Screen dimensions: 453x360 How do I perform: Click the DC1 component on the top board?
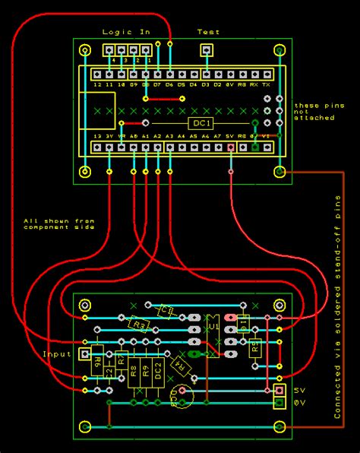(x=201, y=123)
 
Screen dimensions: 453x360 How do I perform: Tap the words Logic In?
(x=126, y=32)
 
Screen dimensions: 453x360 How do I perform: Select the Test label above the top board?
(x=208, y=32)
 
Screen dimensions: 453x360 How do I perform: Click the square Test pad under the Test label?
(x=205, y=51)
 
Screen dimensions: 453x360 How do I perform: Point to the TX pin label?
(x=267, y=86)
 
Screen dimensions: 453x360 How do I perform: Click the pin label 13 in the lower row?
(x=97, y=135)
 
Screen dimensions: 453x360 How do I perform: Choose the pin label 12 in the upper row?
(x=97, y=86)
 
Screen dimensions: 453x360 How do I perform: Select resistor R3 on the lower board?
(x=138, y=325)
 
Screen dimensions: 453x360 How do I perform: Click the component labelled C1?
(x=167, y=310)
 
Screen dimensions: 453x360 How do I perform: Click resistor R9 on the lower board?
(x=146, y=372)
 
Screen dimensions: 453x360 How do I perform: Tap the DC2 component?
(x=158, y=372)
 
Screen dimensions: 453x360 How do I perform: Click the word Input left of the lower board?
(x=55, y=354)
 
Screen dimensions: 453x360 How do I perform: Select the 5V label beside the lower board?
(x=298, y=390)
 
